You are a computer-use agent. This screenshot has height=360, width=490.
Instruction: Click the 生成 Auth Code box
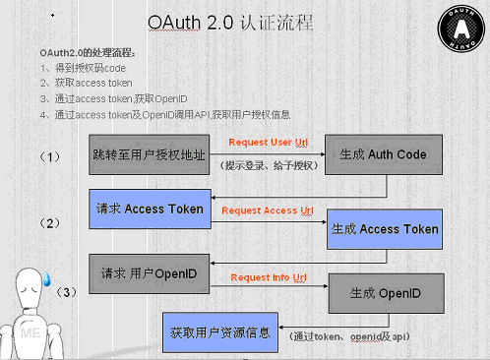tap(384, 155)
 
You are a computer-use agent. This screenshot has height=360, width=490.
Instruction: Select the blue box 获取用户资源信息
tap(219, 331)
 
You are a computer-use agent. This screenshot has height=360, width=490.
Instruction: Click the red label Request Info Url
tap(266, 277)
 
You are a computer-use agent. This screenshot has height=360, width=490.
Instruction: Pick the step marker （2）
tap(52, 223)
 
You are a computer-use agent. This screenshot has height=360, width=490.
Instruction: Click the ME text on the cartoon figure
tap(31, 334)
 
